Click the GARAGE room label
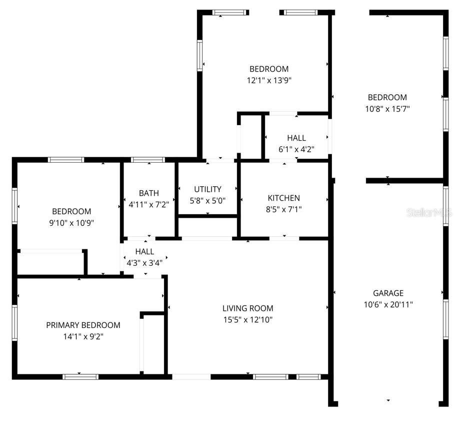click(388, 293)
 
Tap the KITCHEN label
click(283, 198)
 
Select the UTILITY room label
click(207, 189)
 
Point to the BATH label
click(148, 193)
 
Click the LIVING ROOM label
click(247, 308)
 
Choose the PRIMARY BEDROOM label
click(83, 325)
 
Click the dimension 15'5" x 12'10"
click(247, 319)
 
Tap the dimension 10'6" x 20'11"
click(388, 304)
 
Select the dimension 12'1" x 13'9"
click(269, 80)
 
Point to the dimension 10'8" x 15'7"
click(387, 109)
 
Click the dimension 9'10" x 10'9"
click(71, 223)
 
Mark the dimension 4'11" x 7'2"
click(148, 204)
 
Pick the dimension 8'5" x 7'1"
click(283, 209)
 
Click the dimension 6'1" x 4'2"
click(296, 149)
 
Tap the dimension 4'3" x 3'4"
click(144, 262)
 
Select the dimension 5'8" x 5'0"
click(207, 200)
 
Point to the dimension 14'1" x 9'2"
click(83, 336)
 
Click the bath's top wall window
click(147, 160)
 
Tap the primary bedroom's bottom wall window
click(80, 376)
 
